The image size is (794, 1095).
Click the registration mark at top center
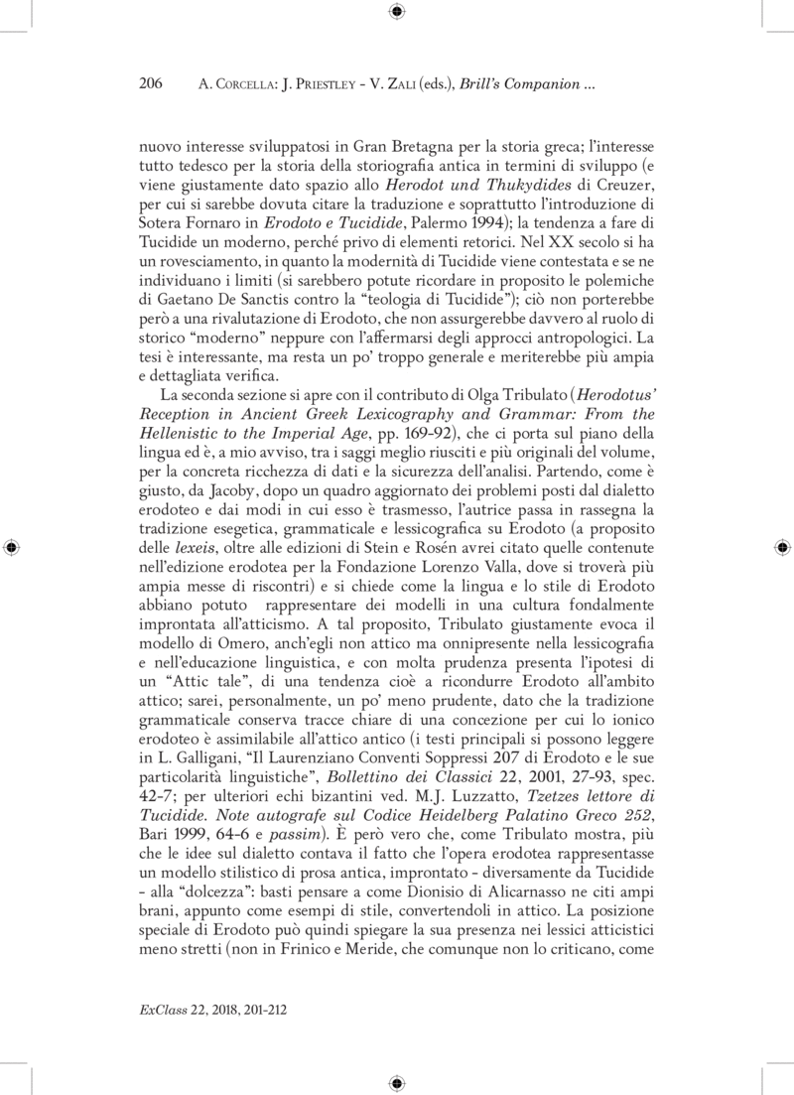coord(396,13)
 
